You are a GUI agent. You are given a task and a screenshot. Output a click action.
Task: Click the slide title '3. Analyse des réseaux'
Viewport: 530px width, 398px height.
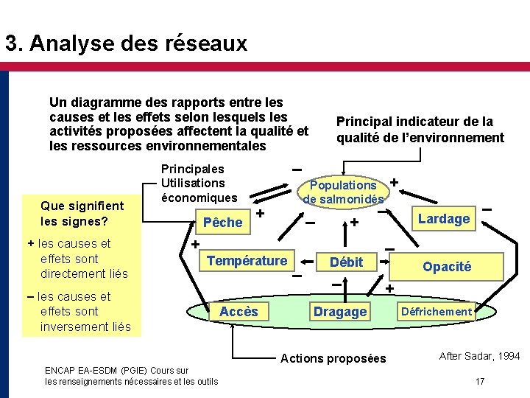126,43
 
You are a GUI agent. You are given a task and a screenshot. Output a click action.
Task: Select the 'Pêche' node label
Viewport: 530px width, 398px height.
222,222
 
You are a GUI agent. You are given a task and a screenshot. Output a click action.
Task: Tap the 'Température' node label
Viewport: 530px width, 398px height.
247,260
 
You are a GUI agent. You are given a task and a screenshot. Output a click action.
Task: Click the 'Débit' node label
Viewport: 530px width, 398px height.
346,262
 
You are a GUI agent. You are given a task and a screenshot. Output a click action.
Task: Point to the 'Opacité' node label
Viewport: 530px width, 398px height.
447,267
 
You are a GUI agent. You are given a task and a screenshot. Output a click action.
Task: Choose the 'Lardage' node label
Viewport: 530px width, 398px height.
443,218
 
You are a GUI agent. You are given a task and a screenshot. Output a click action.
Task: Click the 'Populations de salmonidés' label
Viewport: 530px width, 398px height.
343,192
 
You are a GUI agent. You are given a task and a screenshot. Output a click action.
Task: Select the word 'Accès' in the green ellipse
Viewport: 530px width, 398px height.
239,312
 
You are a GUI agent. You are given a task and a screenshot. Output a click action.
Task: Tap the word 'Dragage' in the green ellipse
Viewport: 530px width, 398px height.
339,312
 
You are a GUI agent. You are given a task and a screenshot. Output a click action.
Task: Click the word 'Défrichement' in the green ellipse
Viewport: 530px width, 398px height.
436,312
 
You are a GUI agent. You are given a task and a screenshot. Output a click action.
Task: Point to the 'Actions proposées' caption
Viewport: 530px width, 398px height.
333,358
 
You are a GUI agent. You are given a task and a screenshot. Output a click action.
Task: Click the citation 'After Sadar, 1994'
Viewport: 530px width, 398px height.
479,356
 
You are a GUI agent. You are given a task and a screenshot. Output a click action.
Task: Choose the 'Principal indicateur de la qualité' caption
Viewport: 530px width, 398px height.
420,129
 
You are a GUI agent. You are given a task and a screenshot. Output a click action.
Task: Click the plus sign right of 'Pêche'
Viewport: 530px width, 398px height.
260,214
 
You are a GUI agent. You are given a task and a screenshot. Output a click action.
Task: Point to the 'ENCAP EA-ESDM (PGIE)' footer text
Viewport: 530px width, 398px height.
116,370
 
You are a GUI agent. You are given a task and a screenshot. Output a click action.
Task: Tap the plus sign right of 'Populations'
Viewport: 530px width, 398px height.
394,182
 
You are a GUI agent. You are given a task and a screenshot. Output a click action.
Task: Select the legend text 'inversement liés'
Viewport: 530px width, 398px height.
87,327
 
